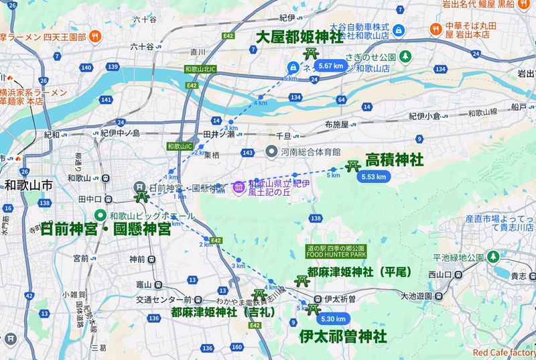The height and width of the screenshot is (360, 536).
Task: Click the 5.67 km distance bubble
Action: tap(331, 66)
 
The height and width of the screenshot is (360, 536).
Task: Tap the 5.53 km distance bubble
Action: tap(373, 177)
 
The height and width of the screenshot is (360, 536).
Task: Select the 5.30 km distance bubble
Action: tap(333, 320)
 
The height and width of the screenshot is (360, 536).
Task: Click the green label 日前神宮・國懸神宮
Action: tap(105, 229)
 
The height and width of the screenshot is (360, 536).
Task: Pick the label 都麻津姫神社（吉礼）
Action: tap(218, 311)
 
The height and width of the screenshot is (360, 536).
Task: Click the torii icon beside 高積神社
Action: tap(353, 165)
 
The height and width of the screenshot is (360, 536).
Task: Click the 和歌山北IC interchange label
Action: tap(200, 68)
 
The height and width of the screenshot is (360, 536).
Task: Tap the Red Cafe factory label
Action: tap(504, 353)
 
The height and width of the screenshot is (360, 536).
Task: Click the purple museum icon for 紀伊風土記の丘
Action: tap(238, 188)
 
